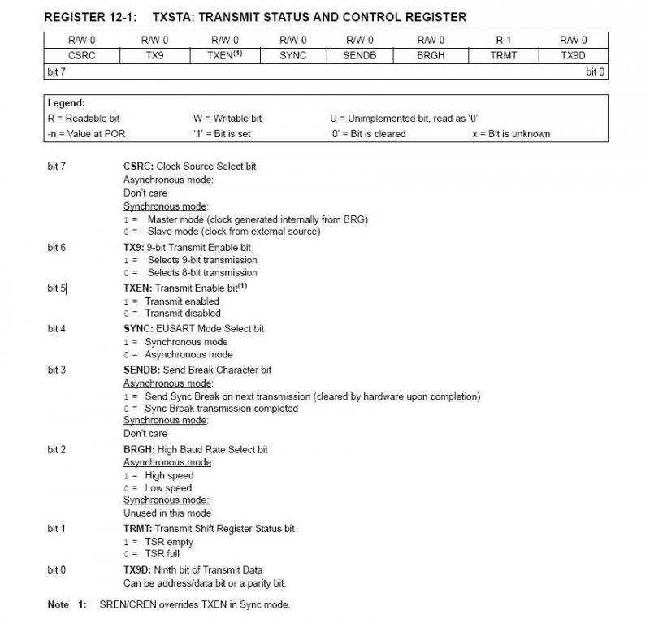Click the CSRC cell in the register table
(x=81, y=56)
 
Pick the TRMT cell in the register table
(x=500, y=56)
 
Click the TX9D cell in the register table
(x=573, y=56)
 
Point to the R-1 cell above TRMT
(x=500, y=39)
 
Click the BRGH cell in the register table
(x=431, y=56)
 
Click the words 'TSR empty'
(x=170, y=542)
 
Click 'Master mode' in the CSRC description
(x=175, y=219)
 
